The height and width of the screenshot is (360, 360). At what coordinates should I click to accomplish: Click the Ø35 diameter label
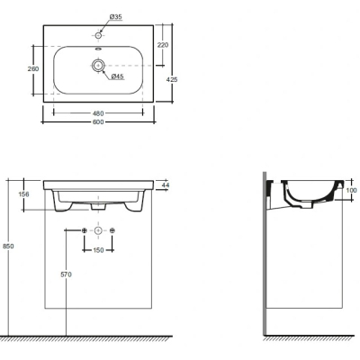(x=115, y=17)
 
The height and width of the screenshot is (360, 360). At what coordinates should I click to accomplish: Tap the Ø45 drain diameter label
(x=118, y=76)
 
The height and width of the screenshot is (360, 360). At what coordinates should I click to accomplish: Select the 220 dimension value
(x=163, y=45)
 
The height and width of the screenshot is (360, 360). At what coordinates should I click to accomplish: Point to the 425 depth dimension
(x=172, y=79)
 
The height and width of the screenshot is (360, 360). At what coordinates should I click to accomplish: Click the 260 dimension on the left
(x=33, y=69)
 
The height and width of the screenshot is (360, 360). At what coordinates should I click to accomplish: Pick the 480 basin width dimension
(x=98, y=113)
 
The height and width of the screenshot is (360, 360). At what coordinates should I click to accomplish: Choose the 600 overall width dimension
(x=98, y=122)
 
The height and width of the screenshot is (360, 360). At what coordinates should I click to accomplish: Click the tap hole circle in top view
(x=98, y=35)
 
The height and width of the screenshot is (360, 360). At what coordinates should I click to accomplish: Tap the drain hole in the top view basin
(x=98, y=65)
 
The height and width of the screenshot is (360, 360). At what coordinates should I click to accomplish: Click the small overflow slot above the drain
(x=98, y=49)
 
